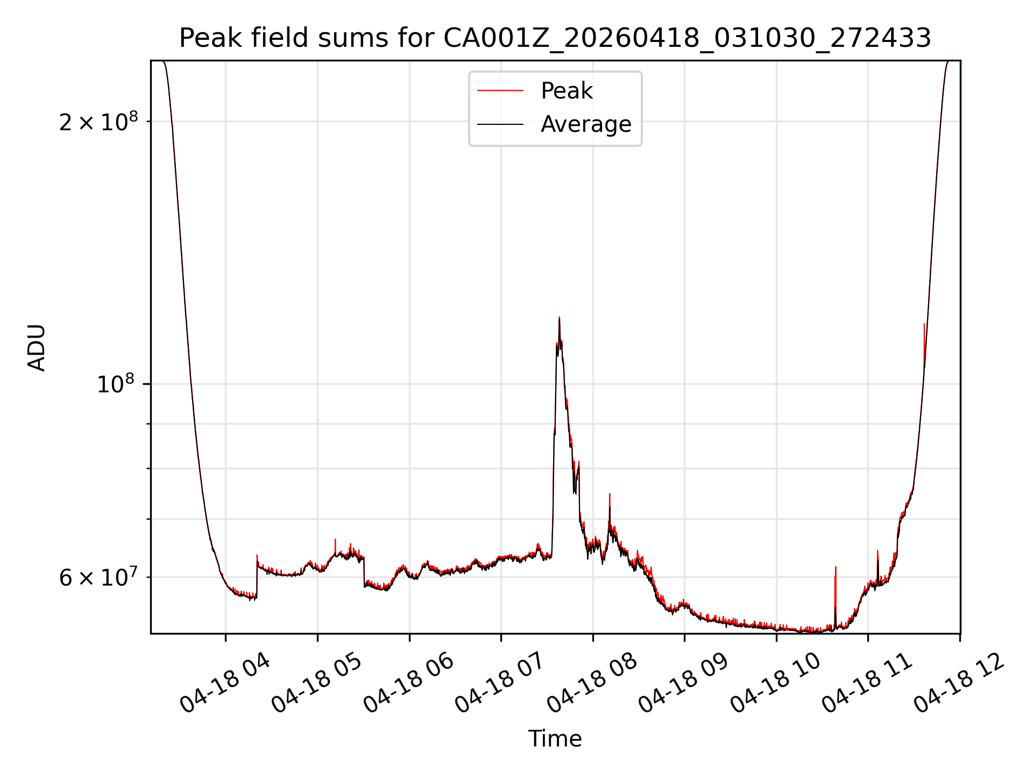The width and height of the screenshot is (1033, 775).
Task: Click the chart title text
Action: (x=555, y=38)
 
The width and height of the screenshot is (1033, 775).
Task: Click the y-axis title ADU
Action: (x=37, y=347)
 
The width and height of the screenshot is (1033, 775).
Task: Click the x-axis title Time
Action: (x=555, y=738)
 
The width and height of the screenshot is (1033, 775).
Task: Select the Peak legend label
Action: (x=567, y=91)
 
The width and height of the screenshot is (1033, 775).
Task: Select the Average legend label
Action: (x=586, y=124)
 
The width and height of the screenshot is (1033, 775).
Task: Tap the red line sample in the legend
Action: (x=500, y=91)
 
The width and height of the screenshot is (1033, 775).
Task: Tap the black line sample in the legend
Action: (x=500, y=124)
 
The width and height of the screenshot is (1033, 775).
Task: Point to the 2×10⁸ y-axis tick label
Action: (x=98, y=122)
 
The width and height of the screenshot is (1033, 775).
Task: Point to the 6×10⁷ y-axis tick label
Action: (x=98, y=577)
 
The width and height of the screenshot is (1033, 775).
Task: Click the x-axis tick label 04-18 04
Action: (x=225, y=684)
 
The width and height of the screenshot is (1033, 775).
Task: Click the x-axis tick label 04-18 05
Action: (x=317, y=684)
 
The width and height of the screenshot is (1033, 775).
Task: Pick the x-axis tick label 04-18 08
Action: (x=592, y=684)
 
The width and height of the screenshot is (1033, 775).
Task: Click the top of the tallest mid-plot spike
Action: (x=559, y=317)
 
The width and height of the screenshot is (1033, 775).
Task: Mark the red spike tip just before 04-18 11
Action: (x=836, y=567)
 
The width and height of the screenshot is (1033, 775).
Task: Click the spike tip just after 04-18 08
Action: (x=610, y=494)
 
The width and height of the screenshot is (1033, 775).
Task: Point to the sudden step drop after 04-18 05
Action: (x=364, y=572)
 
